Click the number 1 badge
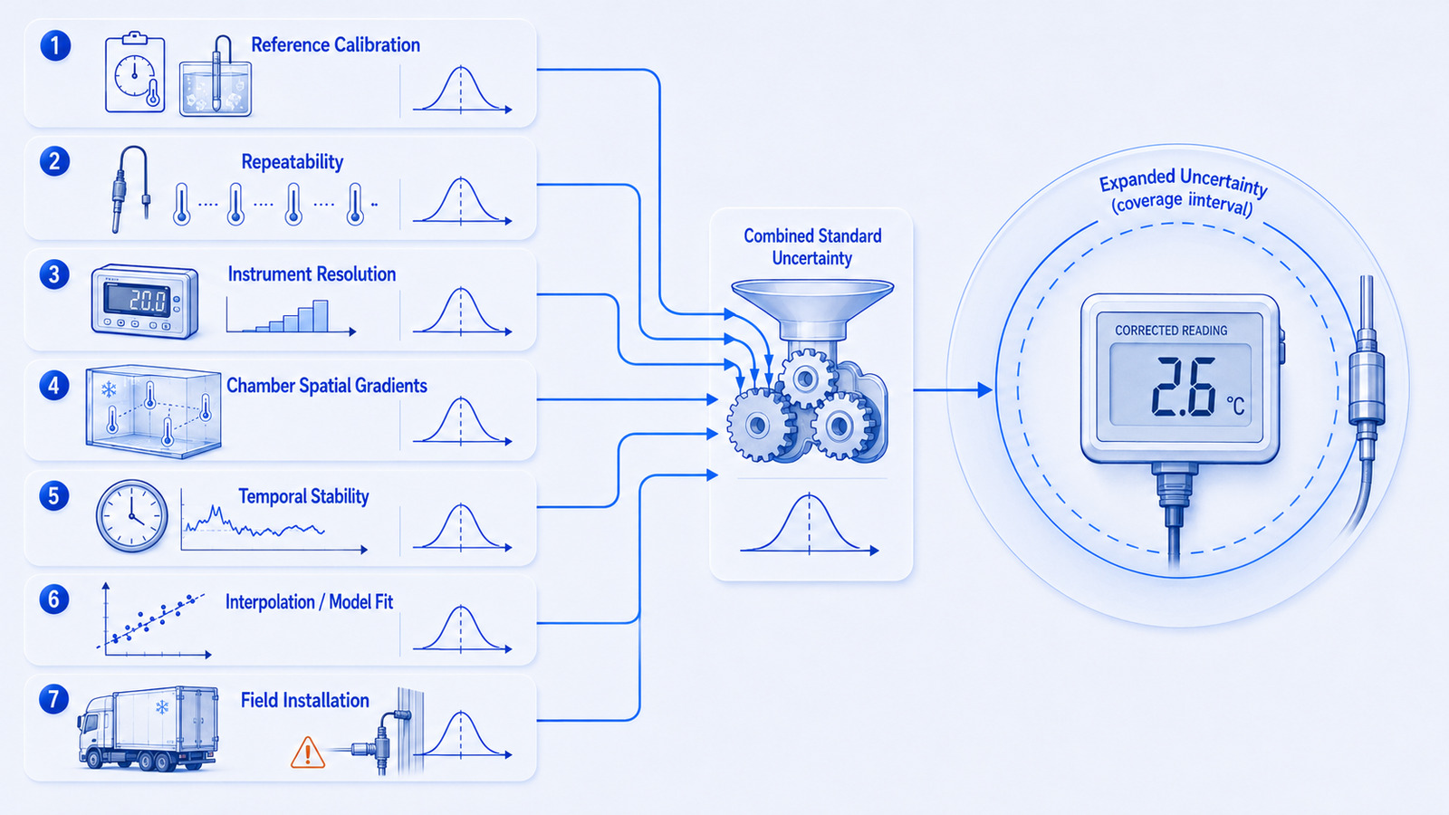[x=55, y=46]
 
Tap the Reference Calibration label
[x=335, y=44]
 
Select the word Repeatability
[x=292, y=162]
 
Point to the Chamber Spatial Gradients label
[x=327, y=386]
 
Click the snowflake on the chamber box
[x=109, y=389]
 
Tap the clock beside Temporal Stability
[x=132, y=515]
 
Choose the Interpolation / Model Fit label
[x=309, y=602]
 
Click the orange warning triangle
[x=308, y=753]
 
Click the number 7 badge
[x=54, y=700]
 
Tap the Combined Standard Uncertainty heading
[x=812, y=247]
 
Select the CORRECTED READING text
[x=1171, y=331]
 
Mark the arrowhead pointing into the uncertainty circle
[x=985, y=389]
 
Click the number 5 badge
[x=54, y=496]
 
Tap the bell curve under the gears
[x=810, y=524]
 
